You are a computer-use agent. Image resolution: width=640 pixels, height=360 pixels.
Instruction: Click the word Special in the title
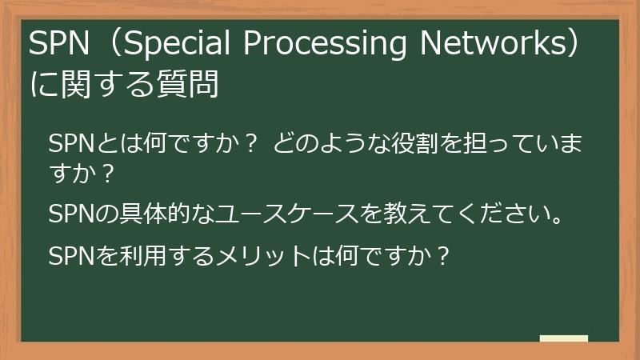178,46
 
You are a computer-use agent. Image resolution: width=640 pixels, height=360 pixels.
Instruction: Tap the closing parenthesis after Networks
578,46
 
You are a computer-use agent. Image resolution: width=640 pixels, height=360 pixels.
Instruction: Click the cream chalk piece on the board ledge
563,338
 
